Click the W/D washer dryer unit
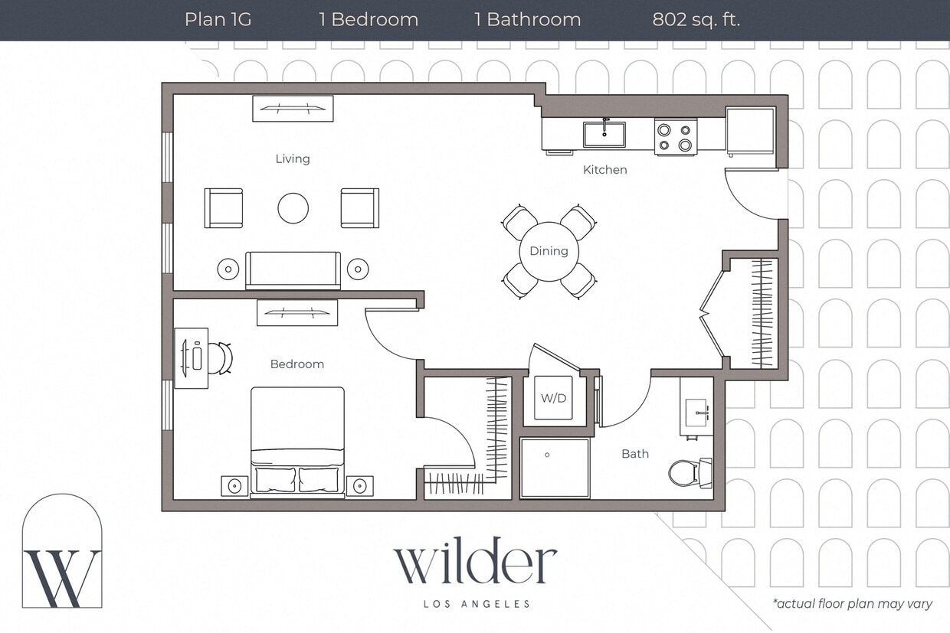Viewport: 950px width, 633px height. (x=553, y=398)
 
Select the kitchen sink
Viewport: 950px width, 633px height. (x=604, y=134)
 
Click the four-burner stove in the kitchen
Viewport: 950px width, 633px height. (x=675, y=136)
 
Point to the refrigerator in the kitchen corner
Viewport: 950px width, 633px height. (x=750, y=130)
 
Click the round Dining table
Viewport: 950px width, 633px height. (x=549, y=251)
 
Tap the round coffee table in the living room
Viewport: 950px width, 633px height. (x=293, y=207)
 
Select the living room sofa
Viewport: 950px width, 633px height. (x=293, y=269)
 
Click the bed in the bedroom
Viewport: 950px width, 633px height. (x=297, y=442)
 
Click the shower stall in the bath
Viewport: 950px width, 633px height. (x=555, y=467)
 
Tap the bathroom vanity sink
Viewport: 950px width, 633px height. (x=696, y=406)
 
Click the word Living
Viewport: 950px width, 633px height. (x=293, y=158)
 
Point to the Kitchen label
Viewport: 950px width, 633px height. (x=604, y=169)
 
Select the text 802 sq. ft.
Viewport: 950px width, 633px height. (x=696, y=19)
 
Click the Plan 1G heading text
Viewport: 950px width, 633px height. (x=218, y=19)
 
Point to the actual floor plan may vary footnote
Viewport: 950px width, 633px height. (x=852, y=604)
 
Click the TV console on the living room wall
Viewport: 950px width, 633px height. (x=293, y=108)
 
